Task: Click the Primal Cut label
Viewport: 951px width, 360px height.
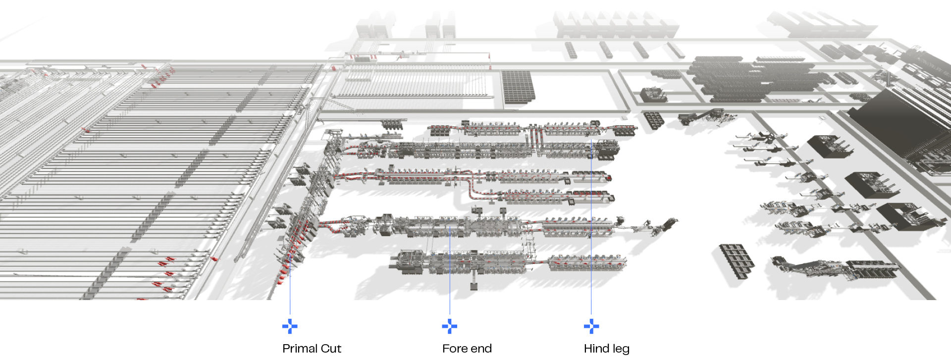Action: coord(312,349)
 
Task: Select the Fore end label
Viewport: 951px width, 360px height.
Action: coord(467,349)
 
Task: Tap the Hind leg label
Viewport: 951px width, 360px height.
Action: coord(606,349)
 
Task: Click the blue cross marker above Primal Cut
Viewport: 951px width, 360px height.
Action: coord(290,326)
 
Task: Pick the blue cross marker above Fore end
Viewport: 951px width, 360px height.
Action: coord(449,326)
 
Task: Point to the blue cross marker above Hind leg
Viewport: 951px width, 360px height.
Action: coord(591,326)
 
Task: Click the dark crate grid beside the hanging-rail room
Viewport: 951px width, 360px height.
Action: coord(518,87)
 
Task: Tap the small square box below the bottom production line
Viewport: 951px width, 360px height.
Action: coord(474,286)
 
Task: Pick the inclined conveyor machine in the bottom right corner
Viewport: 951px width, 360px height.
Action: coord(832,268)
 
